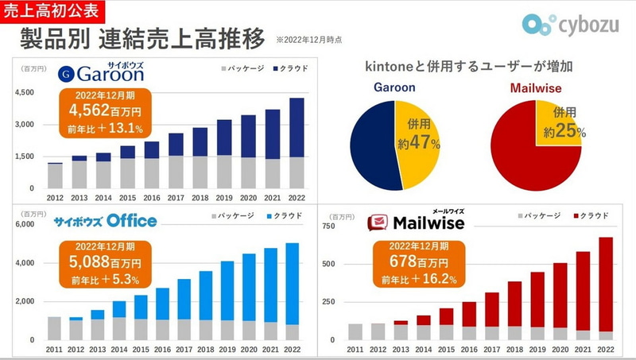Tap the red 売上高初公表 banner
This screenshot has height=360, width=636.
tap(50, 10)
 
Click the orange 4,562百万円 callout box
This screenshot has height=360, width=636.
tap(99, 112)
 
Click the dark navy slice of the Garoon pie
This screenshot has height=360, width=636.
tap(372, 145)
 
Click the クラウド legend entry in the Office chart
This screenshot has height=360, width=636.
tap(279, 215)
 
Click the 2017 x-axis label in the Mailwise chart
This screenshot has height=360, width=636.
tap(492, 350)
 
